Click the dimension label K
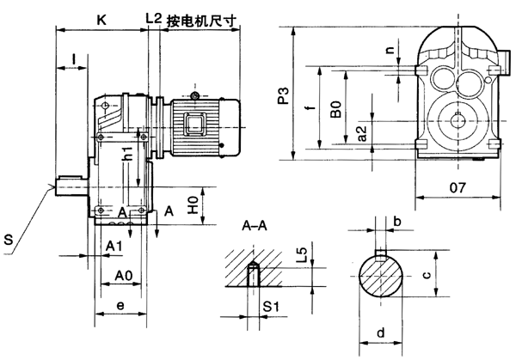(102, 16)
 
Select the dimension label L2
(154, 16)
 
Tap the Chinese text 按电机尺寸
(201, 17)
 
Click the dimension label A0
(124, 276)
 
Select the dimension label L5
(300, 256)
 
